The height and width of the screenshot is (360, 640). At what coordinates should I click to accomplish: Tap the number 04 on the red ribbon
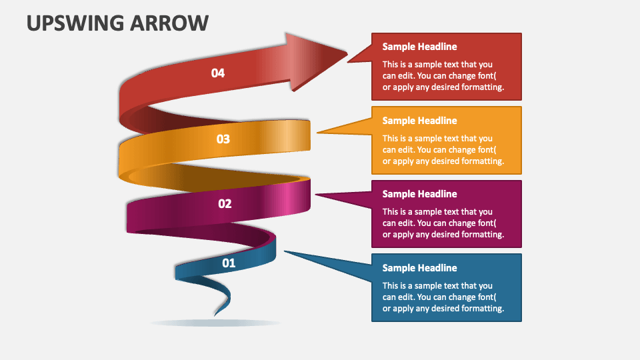218,73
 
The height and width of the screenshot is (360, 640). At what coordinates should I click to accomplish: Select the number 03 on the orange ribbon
223,139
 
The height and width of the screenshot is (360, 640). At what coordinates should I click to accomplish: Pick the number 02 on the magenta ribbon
225,204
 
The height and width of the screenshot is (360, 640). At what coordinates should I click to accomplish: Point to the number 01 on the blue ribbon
229,263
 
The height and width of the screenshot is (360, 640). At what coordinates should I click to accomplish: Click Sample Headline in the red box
419,47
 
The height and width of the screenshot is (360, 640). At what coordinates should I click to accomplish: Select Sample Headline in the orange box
419,121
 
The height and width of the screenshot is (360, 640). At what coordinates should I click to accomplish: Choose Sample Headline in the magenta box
419,194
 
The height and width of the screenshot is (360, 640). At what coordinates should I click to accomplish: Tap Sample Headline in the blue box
419,268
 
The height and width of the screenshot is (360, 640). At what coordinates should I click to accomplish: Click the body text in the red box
443,76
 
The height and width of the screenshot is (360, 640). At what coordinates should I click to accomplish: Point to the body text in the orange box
443,150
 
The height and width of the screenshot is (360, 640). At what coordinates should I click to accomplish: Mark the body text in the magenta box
443,223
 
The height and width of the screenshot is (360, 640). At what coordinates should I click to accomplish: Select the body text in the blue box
443,297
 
